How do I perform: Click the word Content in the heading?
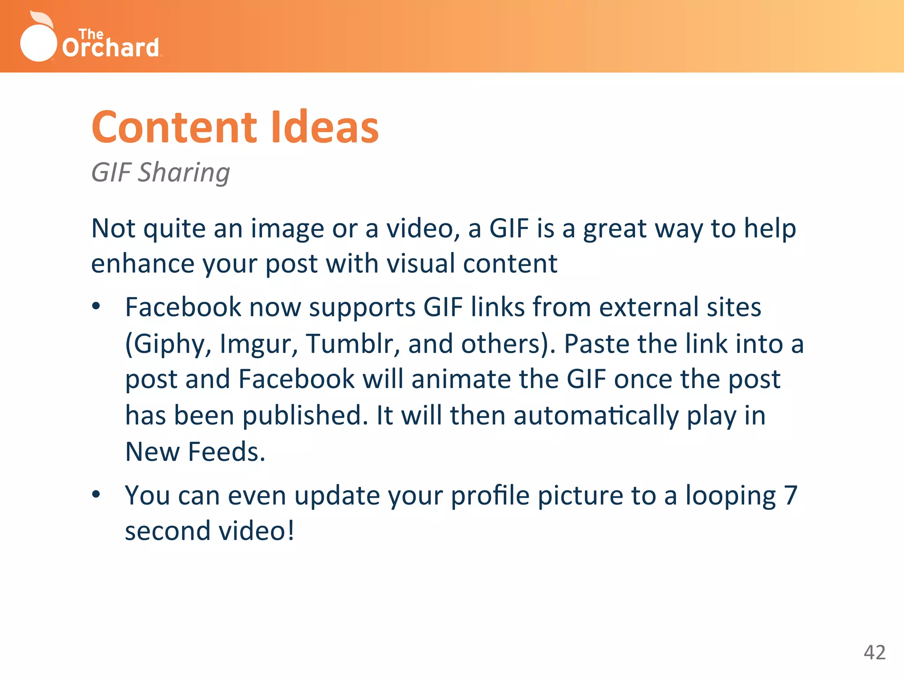coord(174,128)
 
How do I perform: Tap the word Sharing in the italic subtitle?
coord(184,173)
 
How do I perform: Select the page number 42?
coord(874,652)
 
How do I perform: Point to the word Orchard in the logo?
coord(110,47)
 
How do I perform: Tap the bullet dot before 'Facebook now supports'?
coord(96,306)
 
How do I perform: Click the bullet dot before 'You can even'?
coord(96,495)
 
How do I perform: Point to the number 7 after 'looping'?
coord(790,495)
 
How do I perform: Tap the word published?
coord(305,415)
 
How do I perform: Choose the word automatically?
coord(596,416)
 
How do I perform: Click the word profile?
coord(490,496)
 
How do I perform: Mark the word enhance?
coord(143,264)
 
